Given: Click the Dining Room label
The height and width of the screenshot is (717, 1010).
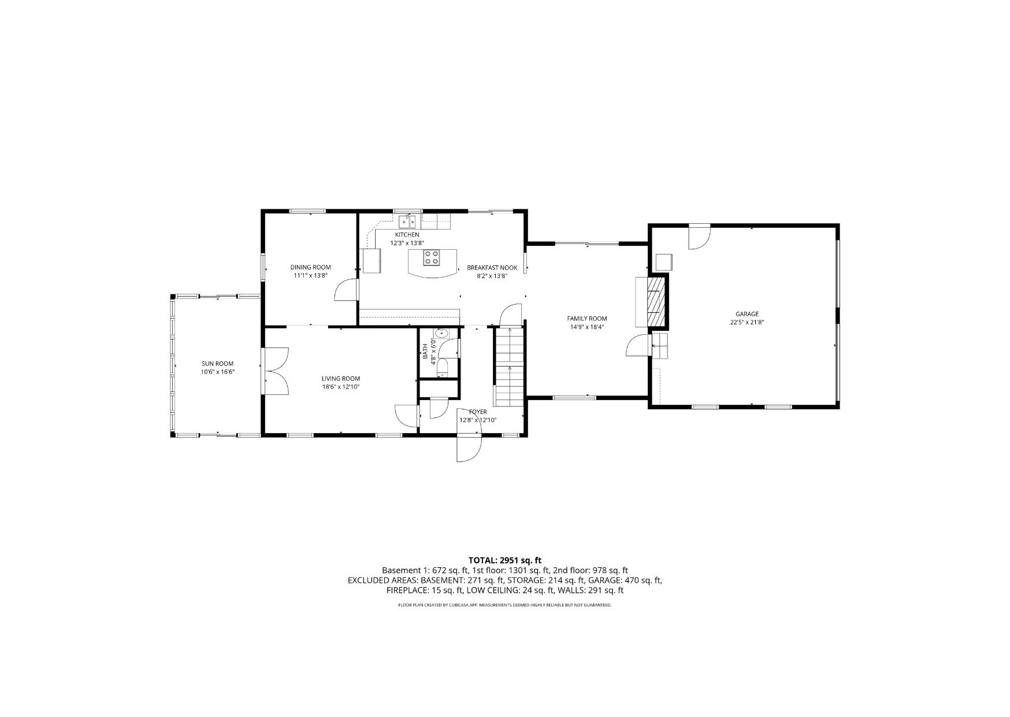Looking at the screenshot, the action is point(310,267).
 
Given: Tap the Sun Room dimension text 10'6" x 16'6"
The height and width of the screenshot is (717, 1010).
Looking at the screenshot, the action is point(218,372).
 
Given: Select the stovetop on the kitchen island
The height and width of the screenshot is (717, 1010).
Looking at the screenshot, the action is point(431,257).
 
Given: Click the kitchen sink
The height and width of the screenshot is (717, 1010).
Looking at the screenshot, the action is point(408,221).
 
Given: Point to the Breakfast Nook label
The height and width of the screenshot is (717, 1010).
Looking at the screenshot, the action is point(492,268).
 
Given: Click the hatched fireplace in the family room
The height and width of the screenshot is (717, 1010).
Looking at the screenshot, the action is point(656,302).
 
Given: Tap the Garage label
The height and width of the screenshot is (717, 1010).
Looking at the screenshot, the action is point(747,314).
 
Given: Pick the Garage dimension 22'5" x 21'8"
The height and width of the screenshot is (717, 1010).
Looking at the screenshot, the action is point(747,323).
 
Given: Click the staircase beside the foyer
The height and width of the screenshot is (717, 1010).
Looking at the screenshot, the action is point(508,367).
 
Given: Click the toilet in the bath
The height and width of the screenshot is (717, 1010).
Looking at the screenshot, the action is point(442,368).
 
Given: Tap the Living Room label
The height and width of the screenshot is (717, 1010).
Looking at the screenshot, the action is point(341,379).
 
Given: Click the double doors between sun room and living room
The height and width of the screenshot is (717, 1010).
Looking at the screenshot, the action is point(275,371).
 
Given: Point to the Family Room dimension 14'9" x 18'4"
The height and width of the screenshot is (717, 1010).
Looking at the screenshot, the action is point(587,327).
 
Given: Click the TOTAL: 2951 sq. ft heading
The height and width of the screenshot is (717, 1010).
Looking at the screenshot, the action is point(505,560).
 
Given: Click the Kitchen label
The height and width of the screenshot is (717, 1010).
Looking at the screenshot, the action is point(407,235).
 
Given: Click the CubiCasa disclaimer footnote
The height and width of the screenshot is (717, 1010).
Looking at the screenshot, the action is point(504,605).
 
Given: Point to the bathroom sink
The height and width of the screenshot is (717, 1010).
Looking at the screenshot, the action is point(442,333).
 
